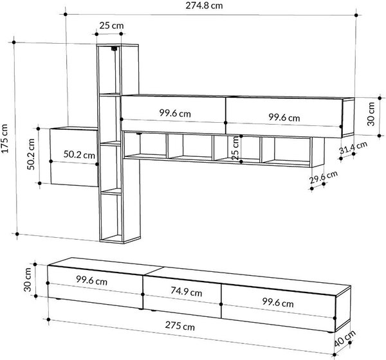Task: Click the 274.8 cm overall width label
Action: (204, 5)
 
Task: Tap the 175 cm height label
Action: (5, 139)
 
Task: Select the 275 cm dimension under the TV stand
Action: (179, 325)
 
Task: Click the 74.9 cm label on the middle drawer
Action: (187, 292)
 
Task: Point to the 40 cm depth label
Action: (345, 338)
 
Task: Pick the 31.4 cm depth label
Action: (353, 147)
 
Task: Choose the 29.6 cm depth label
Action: (324, 177)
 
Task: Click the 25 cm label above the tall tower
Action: (111, 25)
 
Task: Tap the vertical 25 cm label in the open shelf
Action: (235, 148)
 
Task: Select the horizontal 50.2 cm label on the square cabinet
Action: (79, 154)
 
